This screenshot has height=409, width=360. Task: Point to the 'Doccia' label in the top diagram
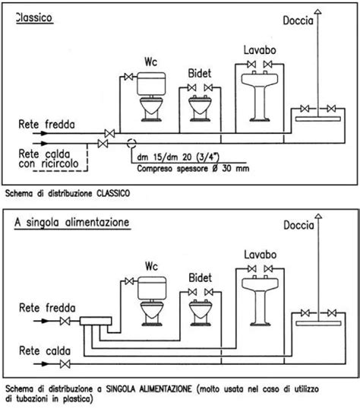(x=298, y=21)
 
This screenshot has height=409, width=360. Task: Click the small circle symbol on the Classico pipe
(x=131, y=141)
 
